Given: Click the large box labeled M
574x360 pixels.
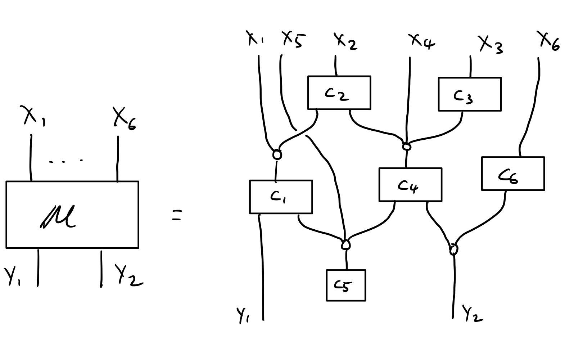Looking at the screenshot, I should [72, 215].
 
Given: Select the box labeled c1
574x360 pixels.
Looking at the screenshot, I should [281, 197].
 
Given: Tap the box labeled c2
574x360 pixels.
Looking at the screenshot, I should [339, 93].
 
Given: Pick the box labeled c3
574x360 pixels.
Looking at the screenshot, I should [469, 94].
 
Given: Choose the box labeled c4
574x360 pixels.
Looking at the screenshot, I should [410, 185].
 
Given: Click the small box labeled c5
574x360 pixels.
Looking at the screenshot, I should [346, 285].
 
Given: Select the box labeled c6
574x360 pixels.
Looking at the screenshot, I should [513, 174].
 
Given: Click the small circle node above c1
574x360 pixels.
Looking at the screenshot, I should [277, 154].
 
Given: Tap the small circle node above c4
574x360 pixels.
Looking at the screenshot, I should [406, 147].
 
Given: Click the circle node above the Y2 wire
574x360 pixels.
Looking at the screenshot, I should [454, 249].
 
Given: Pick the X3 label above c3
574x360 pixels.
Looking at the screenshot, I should [491, 44].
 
